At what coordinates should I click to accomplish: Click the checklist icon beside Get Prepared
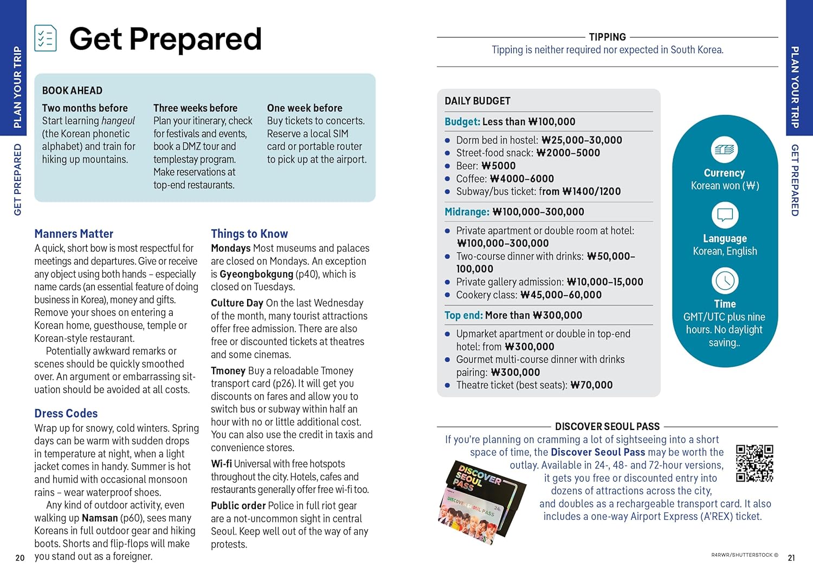coord(46,38)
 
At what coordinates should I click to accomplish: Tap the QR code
coord(754,464)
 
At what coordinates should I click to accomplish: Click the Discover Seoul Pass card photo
coord(480,501)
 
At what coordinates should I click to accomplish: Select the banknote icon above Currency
coord(725,149)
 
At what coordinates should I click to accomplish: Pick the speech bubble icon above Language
coord(725,215)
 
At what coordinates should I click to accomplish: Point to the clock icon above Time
coord(725,281)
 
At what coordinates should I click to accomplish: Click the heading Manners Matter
coord(74,234)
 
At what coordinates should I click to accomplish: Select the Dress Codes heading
coord(66,414)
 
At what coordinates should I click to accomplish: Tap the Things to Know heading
coord(249,234)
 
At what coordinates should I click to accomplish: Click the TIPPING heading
coord(607,37)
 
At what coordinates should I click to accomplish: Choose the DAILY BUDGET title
coord(478,101)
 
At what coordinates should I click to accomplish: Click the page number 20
coord(20,558)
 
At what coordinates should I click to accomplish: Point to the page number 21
coord(791,558)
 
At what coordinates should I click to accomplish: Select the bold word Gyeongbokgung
coord(256,274)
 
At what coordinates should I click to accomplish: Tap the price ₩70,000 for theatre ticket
coord(592,385)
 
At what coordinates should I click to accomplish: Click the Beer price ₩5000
coord(499,166)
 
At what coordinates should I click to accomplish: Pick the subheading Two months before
coord(85,108)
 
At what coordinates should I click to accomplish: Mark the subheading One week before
coord(305,108)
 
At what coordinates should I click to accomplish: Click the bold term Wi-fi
coord(221,464)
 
